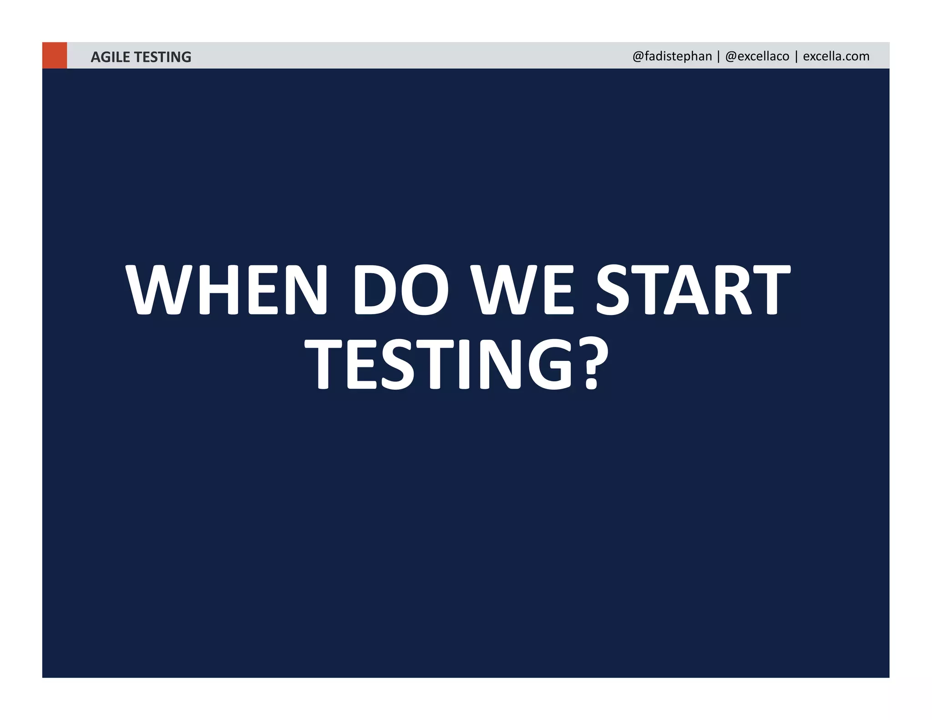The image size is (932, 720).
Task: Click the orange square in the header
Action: (55, 55)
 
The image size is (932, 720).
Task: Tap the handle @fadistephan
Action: (672, 56)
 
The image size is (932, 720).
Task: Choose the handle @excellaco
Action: (757, 56)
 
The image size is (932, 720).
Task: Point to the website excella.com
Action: (836, 56)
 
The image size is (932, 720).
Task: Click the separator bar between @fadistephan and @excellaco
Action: (719, 56)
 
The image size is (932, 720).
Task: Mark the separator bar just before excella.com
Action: (796, 56)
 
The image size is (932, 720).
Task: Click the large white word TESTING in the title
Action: (439, 364)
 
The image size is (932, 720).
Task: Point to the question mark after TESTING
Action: (593, 364)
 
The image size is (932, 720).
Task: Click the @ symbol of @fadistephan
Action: (638, 56)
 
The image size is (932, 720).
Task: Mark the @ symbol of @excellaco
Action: (731, 56)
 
